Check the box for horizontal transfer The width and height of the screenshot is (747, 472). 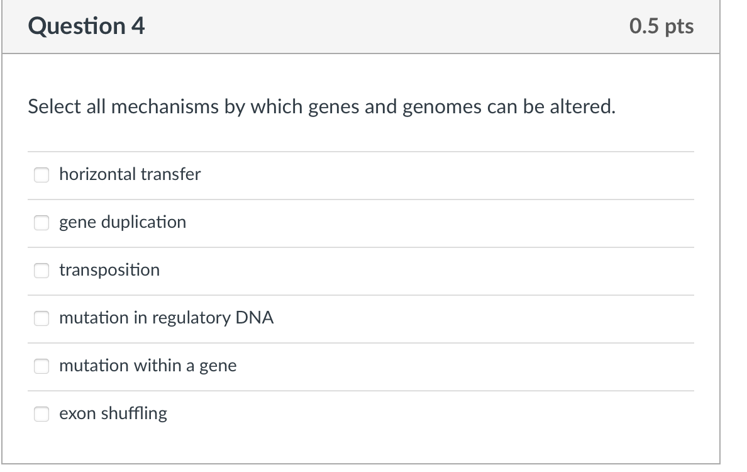[41, 174]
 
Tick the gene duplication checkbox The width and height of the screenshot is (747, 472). [41, 222]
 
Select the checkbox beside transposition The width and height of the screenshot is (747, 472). [41, 270]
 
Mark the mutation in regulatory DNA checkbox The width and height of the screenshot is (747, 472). [41, 318]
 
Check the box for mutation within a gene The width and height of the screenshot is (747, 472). [41, 366]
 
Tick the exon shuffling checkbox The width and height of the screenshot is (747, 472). [41, 413]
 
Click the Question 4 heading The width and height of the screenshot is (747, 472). [87, 26]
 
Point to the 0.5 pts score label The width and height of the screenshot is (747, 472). [661, 26]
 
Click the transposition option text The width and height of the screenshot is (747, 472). [109, 270]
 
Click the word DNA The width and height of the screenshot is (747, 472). [255, 318]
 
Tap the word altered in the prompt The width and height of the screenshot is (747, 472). [582, 107]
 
